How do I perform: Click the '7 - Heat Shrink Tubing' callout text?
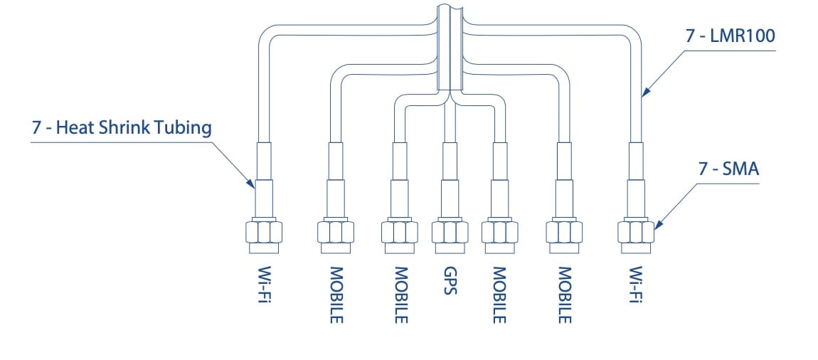(122, 128)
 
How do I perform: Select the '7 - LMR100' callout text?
(730, 36)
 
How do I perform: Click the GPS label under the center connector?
(449, 282)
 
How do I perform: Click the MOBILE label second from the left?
(336, 295)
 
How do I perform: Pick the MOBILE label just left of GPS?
(400, 295)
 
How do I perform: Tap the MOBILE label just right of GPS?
(499, 295)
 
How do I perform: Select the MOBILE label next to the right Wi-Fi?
(565, 295)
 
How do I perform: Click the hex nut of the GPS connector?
(449, 233)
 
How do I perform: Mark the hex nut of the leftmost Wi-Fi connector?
(264, 232)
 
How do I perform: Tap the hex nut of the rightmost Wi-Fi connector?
(636, 232)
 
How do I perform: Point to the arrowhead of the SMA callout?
(657, 226)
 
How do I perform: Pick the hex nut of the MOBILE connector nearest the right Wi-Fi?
(564, 233)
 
